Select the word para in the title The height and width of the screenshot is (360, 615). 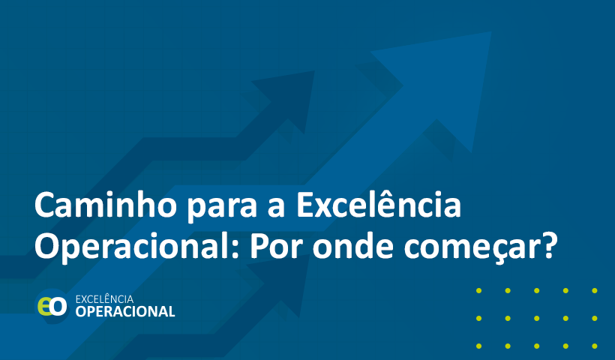pos(221,208)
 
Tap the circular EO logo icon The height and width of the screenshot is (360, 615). pos(52,306)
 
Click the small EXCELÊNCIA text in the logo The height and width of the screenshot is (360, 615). pos(104,299)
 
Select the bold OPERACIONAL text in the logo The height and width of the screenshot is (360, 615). pos(125,312)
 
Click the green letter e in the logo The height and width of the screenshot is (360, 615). pos(44,306)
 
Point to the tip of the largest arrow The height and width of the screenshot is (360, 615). pos(490,32)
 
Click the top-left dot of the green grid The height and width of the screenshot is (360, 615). pos(479,290)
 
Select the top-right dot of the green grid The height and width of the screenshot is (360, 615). pos(595,290)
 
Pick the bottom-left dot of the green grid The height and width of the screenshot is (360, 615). pos(479,346)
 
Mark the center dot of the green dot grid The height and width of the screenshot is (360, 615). pos(536,319)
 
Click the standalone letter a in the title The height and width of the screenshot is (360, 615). pos(276,208)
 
